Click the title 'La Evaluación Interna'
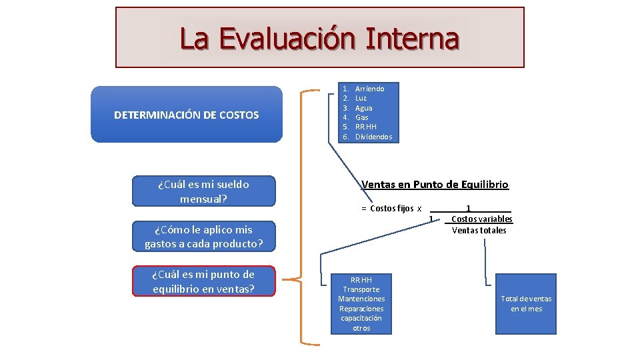(x=319, y=38)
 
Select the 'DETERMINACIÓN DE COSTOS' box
(x=186, y=115)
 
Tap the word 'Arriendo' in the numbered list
(x=369, y=89)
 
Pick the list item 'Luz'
(x=361, y=98)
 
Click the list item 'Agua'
(x=363, y=108)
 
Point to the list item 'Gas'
(x=361, y=117)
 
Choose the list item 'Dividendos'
(x=373, y=137)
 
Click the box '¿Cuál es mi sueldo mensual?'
(x=203, y=191)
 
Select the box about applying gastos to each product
(x=203, y=237)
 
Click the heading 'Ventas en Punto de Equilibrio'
(x=435, y=185)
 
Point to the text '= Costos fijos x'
(x=391, y=209)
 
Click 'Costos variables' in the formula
(x=481, y=219)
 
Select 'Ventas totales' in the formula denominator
(x=479, y=231)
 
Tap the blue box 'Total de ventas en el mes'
(x=526, y=304)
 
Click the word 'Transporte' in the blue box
(x=361, y=289)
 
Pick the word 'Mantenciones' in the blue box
(x=361, y=299)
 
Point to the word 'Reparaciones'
(x=361, y=309)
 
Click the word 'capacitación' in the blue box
(x=361, y=318)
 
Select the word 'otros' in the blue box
(x=361, y=328)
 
